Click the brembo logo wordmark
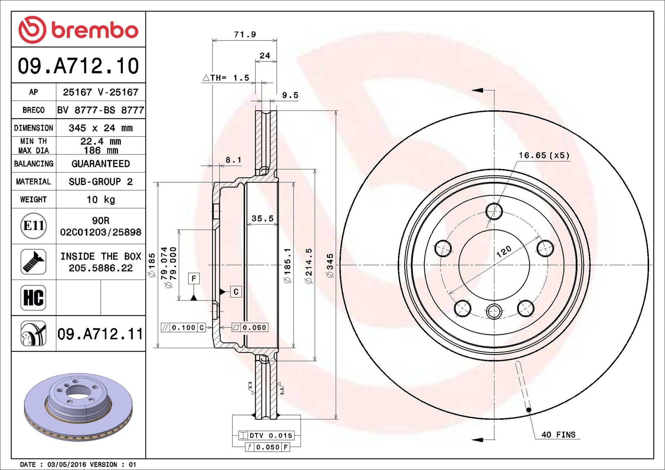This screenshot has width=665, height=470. coord(95,30)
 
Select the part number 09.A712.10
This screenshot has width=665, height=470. coord(78,66)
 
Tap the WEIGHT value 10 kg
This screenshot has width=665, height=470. coord(101,199)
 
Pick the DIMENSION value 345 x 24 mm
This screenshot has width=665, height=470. coord(101,128)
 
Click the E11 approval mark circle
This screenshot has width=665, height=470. coord(33,226)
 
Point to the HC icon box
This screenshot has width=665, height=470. coord(33,298)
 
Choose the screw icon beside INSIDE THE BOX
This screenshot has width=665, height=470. coord(33,262)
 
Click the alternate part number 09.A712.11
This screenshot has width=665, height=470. coord(100,334)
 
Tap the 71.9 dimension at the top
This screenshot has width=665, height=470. coord(245,34)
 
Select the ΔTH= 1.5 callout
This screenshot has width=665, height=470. coord(226,78)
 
